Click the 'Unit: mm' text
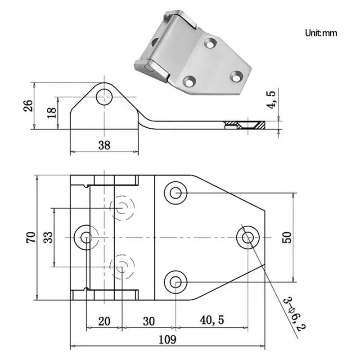tap(320, 33)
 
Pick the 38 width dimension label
tap(104, 144)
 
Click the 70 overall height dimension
tap(30, 237)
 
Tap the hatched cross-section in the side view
tap(245, 124)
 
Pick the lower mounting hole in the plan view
tap(175, 282)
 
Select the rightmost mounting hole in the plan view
tap(248, 237)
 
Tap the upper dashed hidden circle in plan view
tap(122, 207)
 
